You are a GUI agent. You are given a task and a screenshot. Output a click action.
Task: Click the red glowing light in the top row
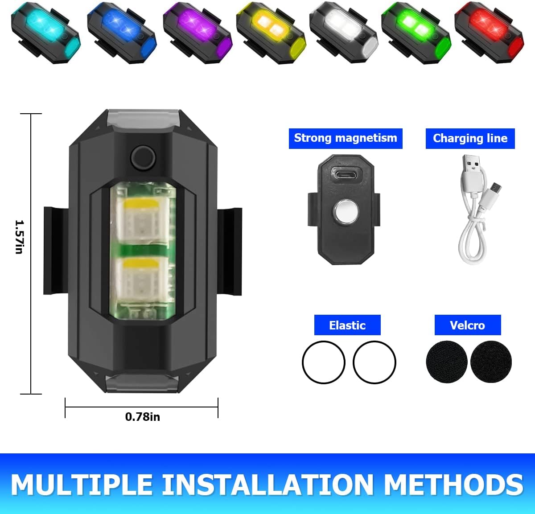(x=490, y=33)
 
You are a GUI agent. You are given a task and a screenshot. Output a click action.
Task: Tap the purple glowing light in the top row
(x=198, y=33)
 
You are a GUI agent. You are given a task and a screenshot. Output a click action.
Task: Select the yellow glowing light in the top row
(x=271, y=33)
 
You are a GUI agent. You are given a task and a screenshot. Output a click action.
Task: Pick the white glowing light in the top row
(x=344, y=33)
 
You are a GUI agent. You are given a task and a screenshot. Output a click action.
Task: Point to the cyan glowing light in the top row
(x=45, y=33)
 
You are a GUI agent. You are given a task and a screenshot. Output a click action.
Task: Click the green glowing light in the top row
(x=416, y=33)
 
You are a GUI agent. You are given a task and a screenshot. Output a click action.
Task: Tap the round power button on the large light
(x=143, y=158)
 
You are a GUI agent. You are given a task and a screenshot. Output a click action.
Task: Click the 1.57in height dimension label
(x=19, y=237)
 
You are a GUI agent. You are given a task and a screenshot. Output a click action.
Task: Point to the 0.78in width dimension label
(x=142, y=417)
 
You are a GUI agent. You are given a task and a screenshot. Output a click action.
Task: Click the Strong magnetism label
(x=346, y=138)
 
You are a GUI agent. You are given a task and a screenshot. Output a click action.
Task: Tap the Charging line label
(x=470, y=139)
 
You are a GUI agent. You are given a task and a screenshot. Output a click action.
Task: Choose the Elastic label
(x=347, y=325)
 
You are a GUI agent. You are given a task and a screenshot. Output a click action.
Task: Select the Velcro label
(x=468, y=325)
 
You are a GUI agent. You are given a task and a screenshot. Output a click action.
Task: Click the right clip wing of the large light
(x=230, y=251)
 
